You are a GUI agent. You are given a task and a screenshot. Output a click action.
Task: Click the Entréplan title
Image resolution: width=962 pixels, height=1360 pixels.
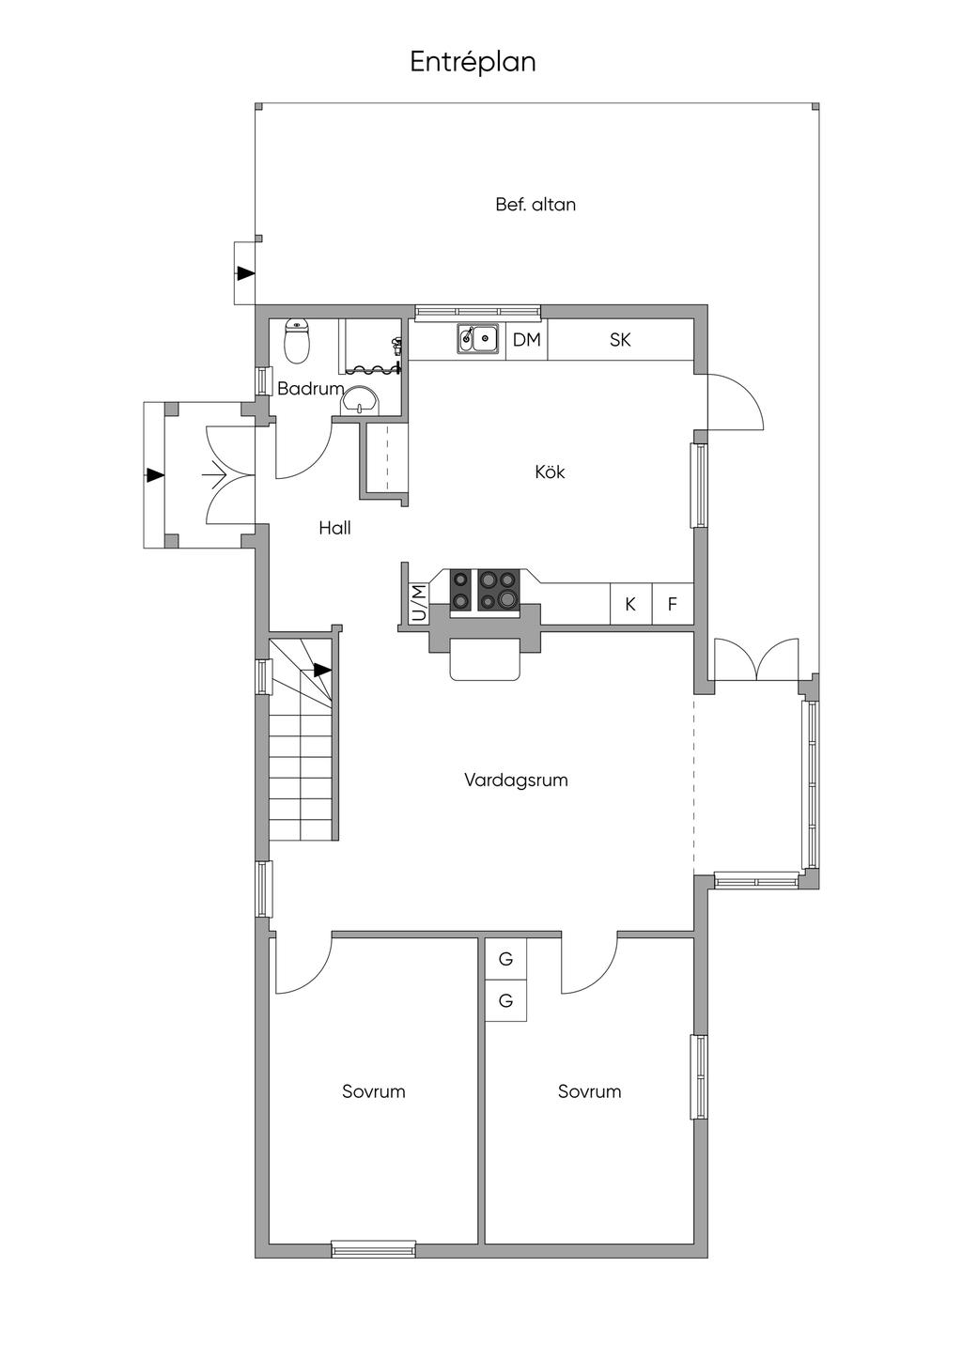tap(473, 63)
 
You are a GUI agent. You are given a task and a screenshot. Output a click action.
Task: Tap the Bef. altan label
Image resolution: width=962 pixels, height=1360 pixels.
tap(535, 205)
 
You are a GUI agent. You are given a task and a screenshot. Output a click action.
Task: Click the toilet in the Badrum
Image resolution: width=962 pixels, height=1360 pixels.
tap(298, 342)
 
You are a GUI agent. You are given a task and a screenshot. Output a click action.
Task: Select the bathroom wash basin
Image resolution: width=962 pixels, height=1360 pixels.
tap(361, 401)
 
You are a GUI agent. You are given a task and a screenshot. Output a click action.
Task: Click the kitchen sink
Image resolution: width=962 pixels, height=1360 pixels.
tap(478, 339)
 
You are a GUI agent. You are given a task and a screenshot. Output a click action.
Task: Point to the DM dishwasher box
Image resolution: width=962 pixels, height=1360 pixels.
tap(526, 339)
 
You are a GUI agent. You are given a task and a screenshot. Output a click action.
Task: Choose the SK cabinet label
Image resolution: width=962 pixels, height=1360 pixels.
tap(620, 340)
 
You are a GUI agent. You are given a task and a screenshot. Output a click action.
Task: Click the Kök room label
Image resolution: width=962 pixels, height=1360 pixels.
tap(551, 471)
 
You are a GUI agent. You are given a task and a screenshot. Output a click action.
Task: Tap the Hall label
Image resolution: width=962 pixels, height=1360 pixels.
tap(335, 528)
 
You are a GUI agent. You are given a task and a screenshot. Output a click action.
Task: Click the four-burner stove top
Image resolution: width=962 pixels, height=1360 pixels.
tap(486, 590)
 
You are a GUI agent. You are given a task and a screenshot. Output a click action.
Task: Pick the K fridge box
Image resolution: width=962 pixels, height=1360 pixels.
tap(630, 604)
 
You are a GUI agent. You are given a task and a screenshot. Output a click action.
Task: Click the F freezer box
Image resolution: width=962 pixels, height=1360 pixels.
tap(673, 604)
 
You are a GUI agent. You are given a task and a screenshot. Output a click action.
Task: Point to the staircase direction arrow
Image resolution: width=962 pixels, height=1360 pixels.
tap(322, 671)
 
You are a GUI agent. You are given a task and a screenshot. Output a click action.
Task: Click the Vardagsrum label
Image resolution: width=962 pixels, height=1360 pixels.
tap(516, 780)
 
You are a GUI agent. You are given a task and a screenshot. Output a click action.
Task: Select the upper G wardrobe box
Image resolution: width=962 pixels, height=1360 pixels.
tap(505, 959)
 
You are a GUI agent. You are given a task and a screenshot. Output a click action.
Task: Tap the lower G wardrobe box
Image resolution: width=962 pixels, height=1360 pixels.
tap(505, 1000)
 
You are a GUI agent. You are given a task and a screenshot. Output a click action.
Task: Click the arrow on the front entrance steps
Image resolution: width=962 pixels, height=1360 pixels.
tap(155, 475)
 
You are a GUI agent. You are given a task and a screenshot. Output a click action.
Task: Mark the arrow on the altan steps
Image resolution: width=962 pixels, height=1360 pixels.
tap(245, 273)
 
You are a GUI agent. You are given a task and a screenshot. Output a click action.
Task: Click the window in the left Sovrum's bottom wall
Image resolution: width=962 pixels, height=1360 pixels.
tap(374, 1249)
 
